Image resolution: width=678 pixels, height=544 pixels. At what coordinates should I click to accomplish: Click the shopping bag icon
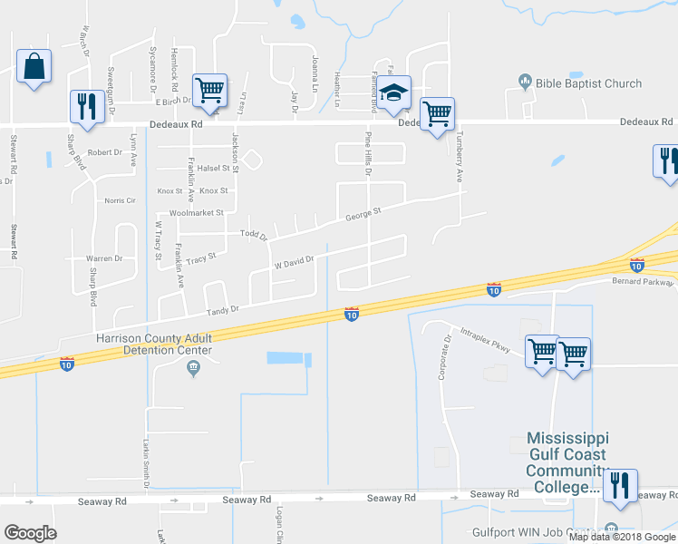[34, 66]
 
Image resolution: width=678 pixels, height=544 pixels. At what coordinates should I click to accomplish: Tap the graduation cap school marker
[394, 92]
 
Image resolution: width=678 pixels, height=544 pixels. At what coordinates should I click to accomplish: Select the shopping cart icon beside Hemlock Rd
[209, 92]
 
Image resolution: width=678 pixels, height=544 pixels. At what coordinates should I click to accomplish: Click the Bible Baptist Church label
[586, 83]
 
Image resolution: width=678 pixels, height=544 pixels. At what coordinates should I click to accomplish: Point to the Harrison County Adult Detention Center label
[154, 345]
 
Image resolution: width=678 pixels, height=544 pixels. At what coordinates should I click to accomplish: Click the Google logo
[30, 533]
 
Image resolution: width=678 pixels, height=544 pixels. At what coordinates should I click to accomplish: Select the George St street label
[363, 214]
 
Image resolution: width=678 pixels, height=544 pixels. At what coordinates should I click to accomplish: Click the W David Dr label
[294, 263]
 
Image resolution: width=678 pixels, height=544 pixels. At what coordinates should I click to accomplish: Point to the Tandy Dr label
[222, 310]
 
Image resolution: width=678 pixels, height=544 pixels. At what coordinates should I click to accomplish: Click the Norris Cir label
[120, 200]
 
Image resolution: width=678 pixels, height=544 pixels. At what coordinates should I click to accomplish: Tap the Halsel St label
[217, 168]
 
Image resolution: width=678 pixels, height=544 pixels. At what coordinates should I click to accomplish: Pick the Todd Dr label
[253, 235]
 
